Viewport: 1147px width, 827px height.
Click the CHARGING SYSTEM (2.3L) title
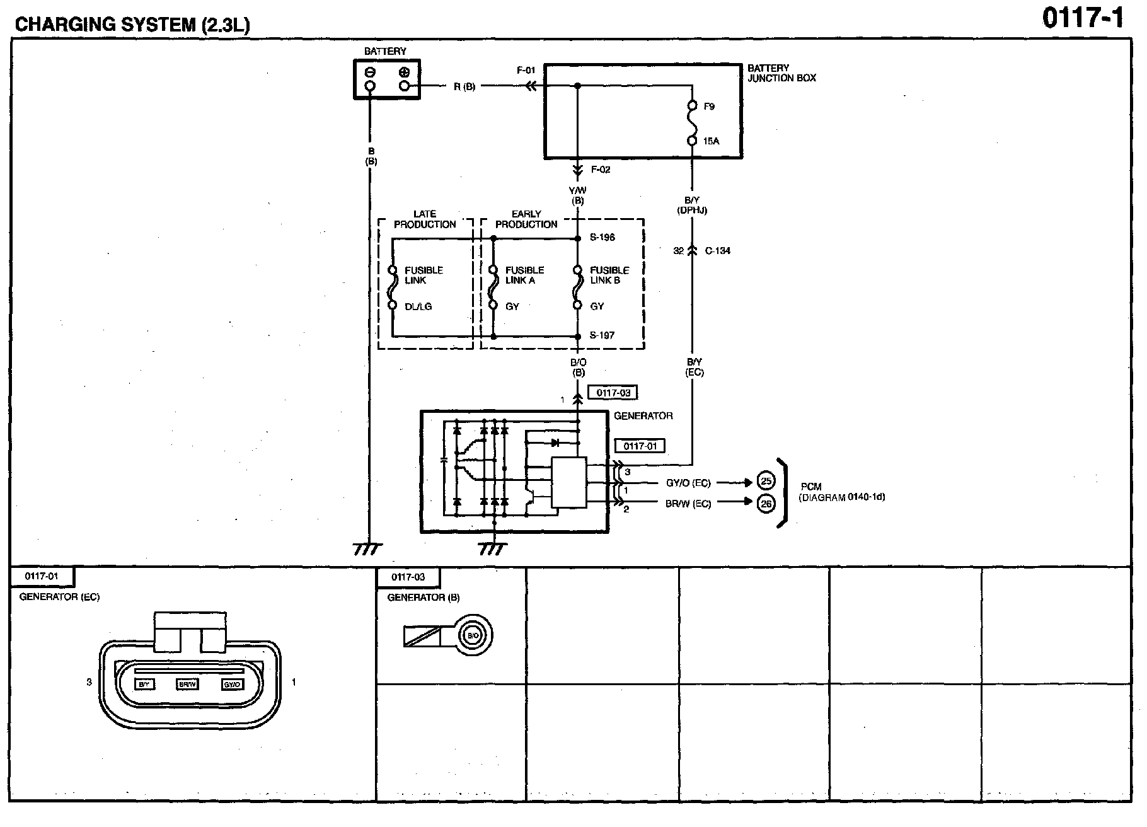(x=132, y=25)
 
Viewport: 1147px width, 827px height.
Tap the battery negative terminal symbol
(x=371, y=72)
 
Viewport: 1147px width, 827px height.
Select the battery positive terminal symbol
(x=404, y=72)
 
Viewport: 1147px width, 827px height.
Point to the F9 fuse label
(x=709, y=107)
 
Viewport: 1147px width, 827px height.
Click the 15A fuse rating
(x=711, y=141)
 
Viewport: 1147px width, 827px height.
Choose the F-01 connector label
(x=526, y=71)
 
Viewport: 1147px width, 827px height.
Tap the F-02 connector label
(x=601, y=170)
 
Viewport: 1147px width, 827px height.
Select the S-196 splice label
(x=602, y=238)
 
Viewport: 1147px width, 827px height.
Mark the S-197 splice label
(x=602, y=335)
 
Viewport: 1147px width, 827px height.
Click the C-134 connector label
(x=718, y=251)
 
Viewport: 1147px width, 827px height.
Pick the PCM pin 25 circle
(x=766, y=482)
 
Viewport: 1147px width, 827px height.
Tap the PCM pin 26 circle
(x=766, y=504)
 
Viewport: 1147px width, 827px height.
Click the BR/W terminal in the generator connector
(x=188, y=684)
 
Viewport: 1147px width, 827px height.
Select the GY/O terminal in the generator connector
(x=233, y=684)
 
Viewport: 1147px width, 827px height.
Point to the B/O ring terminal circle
(x=473, y=635)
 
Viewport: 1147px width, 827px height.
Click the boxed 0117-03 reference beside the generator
(x=613, y=393)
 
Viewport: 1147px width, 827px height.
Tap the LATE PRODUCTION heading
(x=425, y=219)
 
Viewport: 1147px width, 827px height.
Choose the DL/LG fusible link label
(x=418, y=306)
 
